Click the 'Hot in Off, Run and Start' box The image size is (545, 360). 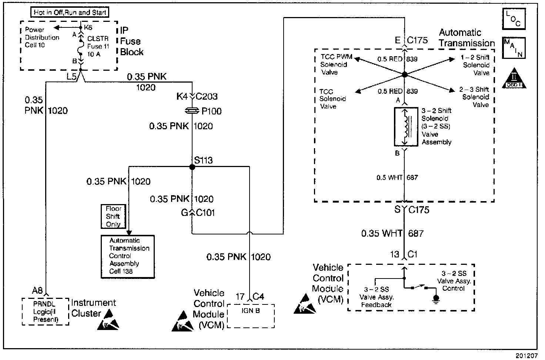[x=70, y=12]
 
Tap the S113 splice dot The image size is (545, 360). [x=192, y=167]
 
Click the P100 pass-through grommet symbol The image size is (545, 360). [x=192, y=111]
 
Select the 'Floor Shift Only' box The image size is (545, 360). [x=113, y=216]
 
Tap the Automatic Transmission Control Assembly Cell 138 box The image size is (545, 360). [x=128, y=256]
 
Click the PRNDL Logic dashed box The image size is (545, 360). [x=46, y=311]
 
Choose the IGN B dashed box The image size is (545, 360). [x=251, y=316]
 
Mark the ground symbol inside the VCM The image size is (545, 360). [x=436, y=299]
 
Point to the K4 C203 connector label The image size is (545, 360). [x=197, y=97]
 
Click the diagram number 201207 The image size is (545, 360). [x=526, y=356]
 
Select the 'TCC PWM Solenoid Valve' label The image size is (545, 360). [x=334, y=64]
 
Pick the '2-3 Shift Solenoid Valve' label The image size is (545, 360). [x=475, y=97]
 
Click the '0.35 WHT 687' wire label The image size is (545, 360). [x=392, y=233]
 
